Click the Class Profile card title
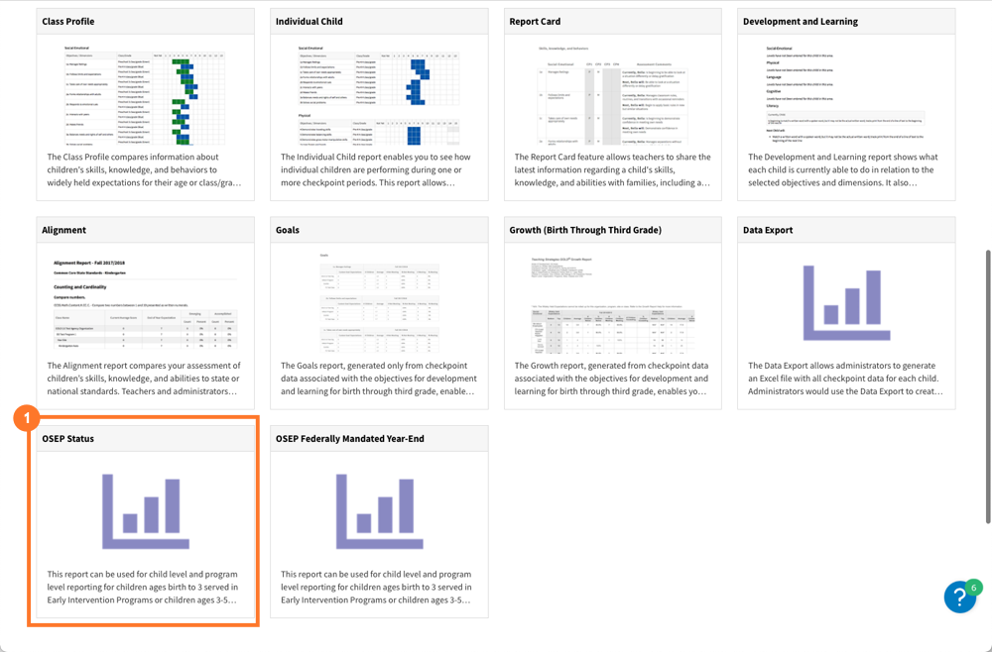click(x=68, y=21)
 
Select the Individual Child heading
click(x=309, y=21)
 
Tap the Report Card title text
click(x=535, y=21)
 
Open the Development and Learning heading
click(x=800, y=21)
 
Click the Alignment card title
click(x=63, y=230)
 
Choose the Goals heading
click(x=287, y=230)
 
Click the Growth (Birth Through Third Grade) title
click(x=584, y=230)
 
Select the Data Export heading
click(x=768, y=230)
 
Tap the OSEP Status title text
click(x=67, y=438)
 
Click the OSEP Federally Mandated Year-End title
click(x=350, y=438)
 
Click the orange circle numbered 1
click(x=27, y=418)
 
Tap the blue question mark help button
click(x=959, y=598)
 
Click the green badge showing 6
click(x=974, y=588)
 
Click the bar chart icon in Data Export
click(x=846, y=302)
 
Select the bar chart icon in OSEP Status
click(x=145, y=510)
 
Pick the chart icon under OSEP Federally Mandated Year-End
click(x=379, y=510)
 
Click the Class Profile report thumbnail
click(x=145, y=94)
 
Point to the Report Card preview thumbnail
click(x=612, y=94)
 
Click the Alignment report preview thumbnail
click(x=145, y=302)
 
